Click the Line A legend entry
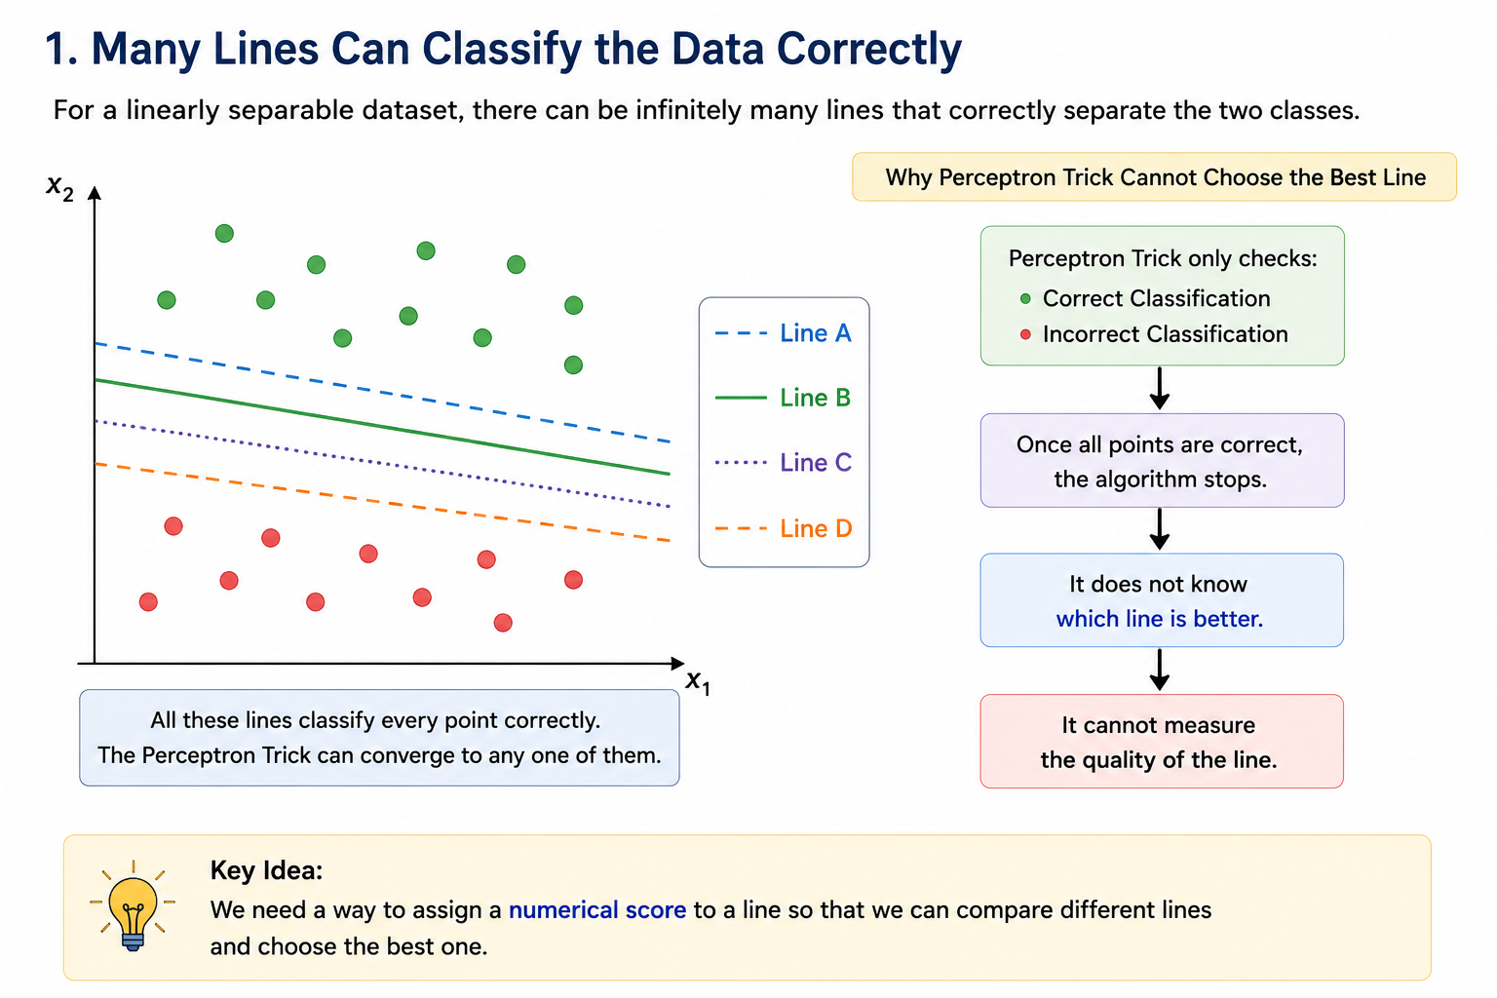coord(784,333)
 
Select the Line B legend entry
coord(784,398)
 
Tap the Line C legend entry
coord(784,463)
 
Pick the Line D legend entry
coord(784,529)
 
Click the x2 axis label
coord(59,187)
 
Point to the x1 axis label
coord(699,682)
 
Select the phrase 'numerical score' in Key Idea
coord(597,909)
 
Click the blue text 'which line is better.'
coord(1160,619)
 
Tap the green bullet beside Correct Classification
coord(1025,299)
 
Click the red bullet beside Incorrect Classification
coord(1025,334)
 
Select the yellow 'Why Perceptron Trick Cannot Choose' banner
coord(1154,177)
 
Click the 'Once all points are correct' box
coord(1162,461)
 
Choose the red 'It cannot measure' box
coord(1162,742)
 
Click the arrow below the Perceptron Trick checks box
coord(1160,388)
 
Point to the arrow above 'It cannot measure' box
coord(1160,670)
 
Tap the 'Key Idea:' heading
coord(267,870)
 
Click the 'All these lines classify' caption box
coord(379,738)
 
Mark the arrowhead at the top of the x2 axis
coord(95,192)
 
